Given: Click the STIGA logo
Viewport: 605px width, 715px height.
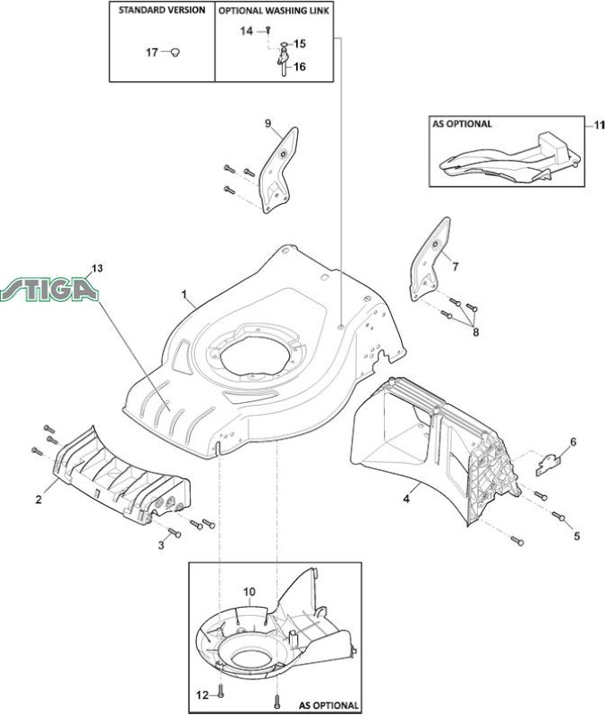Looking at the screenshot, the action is pos(49,289).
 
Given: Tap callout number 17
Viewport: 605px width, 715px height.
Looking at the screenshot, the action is pos(151,53).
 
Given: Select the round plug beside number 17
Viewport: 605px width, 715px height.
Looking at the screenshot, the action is pos(175,53).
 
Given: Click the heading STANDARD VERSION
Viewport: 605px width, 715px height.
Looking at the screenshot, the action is pos(162,10).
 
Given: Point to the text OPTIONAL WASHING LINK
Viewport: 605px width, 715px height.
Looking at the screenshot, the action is pos(274,11).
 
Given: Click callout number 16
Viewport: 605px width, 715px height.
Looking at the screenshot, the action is pos(300,67).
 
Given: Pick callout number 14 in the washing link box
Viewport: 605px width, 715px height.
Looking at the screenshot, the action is pos(247,31).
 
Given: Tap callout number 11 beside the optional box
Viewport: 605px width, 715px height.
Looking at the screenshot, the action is pos(599,124).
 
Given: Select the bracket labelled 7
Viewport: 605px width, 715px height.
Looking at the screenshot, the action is pos(430,258).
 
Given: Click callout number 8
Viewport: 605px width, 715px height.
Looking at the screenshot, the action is pos(476,332).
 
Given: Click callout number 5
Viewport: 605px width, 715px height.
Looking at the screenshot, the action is pos(576,535).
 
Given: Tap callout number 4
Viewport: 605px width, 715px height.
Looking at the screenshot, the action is pos(406,499).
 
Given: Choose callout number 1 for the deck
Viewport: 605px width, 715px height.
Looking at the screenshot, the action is pos(184,295).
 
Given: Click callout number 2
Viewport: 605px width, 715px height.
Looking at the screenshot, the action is pos(38,500).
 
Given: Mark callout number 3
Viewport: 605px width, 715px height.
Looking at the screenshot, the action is pos(161,545).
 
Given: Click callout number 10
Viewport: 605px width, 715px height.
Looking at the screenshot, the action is pos(250,592).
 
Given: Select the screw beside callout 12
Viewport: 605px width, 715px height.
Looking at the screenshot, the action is pos(221,694).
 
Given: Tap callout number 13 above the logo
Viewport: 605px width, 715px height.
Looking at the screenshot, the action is pos(97,268).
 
